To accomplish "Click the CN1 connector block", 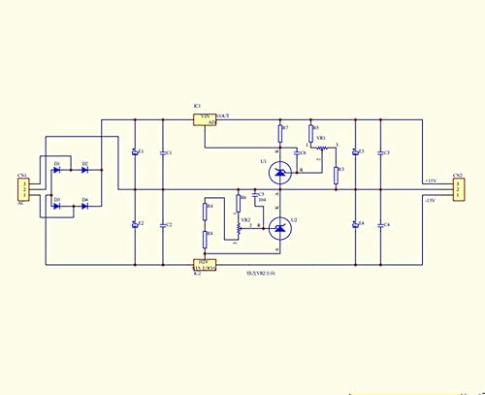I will click(x=24, y=189).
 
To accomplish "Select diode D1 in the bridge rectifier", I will click(x=57, y=170).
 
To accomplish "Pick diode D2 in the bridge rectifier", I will click(x=84, y=170).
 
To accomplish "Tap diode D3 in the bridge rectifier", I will click(x=57, y=206).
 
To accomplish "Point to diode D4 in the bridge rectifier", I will click(x=84, y=206).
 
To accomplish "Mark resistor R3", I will click(x=336, y=174).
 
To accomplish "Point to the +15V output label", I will click(x=430, y=181).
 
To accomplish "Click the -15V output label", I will click(x=430, y=199).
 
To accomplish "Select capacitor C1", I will click(x=162, y=153).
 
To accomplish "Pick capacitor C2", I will click(x=162, y=225).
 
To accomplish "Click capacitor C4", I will click(x=380, y=225).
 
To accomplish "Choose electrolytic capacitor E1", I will click(x=134, y=153).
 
